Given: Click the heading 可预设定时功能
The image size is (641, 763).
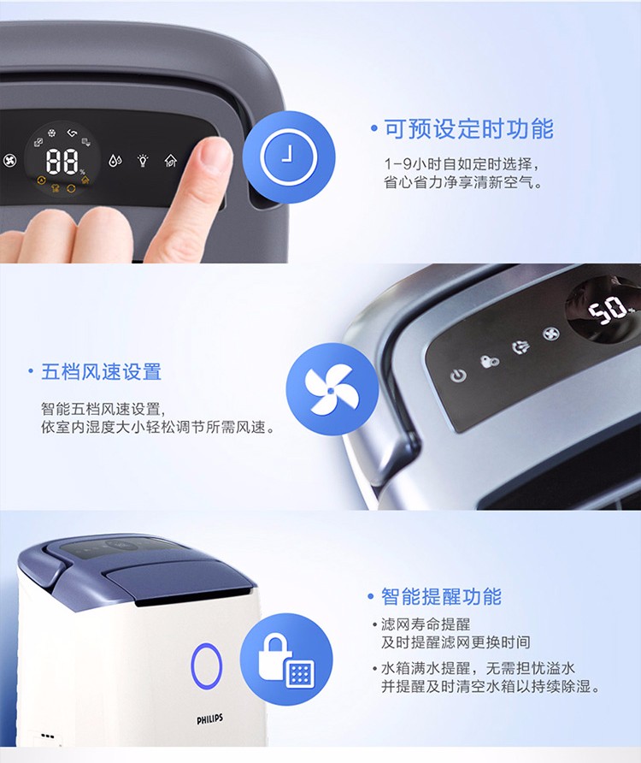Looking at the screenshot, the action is (x=469, y=129).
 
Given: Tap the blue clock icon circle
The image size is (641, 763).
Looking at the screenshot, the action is (x=289, y=157).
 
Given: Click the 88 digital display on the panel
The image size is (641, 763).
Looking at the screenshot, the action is (x=62, y=161).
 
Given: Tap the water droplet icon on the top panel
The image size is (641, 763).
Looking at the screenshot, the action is (x=115, y=161).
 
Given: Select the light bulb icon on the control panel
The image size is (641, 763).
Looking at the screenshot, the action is (x=143, y=160).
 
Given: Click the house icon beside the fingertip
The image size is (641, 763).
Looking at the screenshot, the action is (x=171, y=160).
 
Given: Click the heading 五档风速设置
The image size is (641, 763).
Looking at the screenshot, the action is (x=101, y=372).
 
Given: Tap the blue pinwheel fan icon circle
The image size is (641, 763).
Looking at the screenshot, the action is (x=332, y=389).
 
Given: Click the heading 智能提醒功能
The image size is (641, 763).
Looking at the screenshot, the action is (x=441, y=596).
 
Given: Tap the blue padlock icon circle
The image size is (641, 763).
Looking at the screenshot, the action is (x=286, y=659).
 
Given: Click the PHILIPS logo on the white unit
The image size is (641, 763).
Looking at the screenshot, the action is (x=209, y=719).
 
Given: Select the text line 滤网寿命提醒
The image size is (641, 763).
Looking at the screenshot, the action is (x=426, y=624).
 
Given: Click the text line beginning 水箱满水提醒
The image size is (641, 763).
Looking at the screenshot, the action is (x=478, y=667).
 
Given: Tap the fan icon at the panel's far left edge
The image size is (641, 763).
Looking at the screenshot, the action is (x=9, y=161).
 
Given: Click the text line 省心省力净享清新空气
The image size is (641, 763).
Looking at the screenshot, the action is (x=462, y=182).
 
